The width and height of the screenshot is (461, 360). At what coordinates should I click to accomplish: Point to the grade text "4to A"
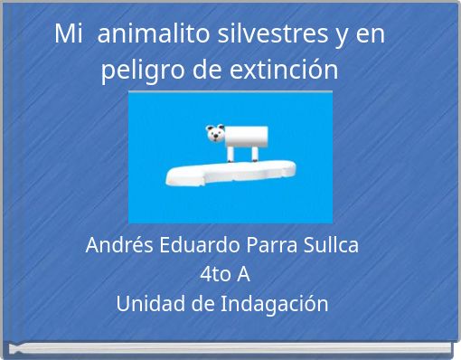coord(230,274)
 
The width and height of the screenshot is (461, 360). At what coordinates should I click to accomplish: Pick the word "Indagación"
coord(275,303)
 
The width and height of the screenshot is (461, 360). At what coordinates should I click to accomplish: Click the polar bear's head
coord(216,135)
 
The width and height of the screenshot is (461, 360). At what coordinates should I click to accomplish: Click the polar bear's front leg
coord(231,155)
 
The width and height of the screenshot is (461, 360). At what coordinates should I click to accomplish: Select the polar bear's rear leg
coord(255,155)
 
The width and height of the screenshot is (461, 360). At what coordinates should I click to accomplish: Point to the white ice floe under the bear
coord(231,171)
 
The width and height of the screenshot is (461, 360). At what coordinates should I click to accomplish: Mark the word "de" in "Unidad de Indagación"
coord(202,303)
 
